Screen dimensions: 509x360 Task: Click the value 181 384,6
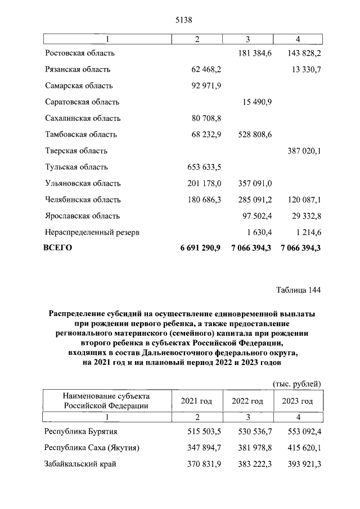(251, 53)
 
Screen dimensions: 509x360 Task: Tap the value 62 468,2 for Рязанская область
(203, 69)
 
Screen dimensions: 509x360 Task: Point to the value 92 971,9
(203, 85)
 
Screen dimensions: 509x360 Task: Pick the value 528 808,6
(251, 134)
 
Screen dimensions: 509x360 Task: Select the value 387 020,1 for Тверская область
(301, 151)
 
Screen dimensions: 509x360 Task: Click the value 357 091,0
(251, 183)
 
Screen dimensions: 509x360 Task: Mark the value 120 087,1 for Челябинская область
(301, 200)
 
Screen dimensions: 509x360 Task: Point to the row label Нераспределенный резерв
(92, 232)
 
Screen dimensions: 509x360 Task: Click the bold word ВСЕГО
(58, 248)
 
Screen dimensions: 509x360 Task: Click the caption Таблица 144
(298, 290)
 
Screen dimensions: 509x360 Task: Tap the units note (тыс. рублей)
(296, 384)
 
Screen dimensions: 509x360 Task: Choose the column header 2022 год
(247, 401)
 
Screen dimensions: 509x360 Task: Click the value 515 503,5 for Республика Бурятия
(201, 431)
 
